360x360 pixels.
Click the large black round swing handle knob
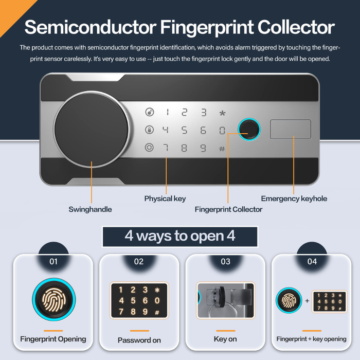click(x=92, y=129)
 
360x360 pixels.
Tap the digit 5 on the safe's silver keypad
click(x=184, y=130)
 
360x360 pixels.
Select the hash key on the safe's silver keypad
click(x=222, y=149)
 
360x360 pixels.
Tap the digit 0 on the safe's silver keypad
click(x=222, y=131)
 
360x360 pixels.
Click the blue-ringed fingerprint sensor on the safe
click(x=249, y=129)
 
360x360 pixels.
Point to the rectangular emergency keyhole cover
click(x=291, y=129)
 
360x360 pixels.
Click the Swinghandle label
click(x=90, y=209)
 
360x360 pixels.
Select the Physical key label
click(x=165, y=199)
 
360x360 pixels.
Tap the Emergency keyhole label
click(x=294, y=199)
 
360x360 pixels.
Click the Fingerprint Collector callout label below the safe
click(x=228, y=209)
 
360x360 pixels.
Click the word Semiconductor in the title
click(x=91, y=27)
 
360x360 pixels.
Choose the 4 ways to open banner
click(x=180, y=237)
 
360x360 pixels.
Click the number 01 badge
click(x=53, y=261)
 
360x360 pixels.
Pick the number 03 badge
click(x=225, y=261)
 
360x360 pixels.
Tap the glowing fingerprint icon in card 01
click(x=53, y=299)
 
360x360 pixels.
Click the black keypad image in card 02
click(x=139, y=300)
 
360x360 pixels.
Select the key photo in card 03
click(x=225, y=300)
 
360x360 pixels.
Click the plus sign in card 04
click(x=307, y=301)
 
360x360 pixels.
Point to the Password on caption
click(x=139, y=340)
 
